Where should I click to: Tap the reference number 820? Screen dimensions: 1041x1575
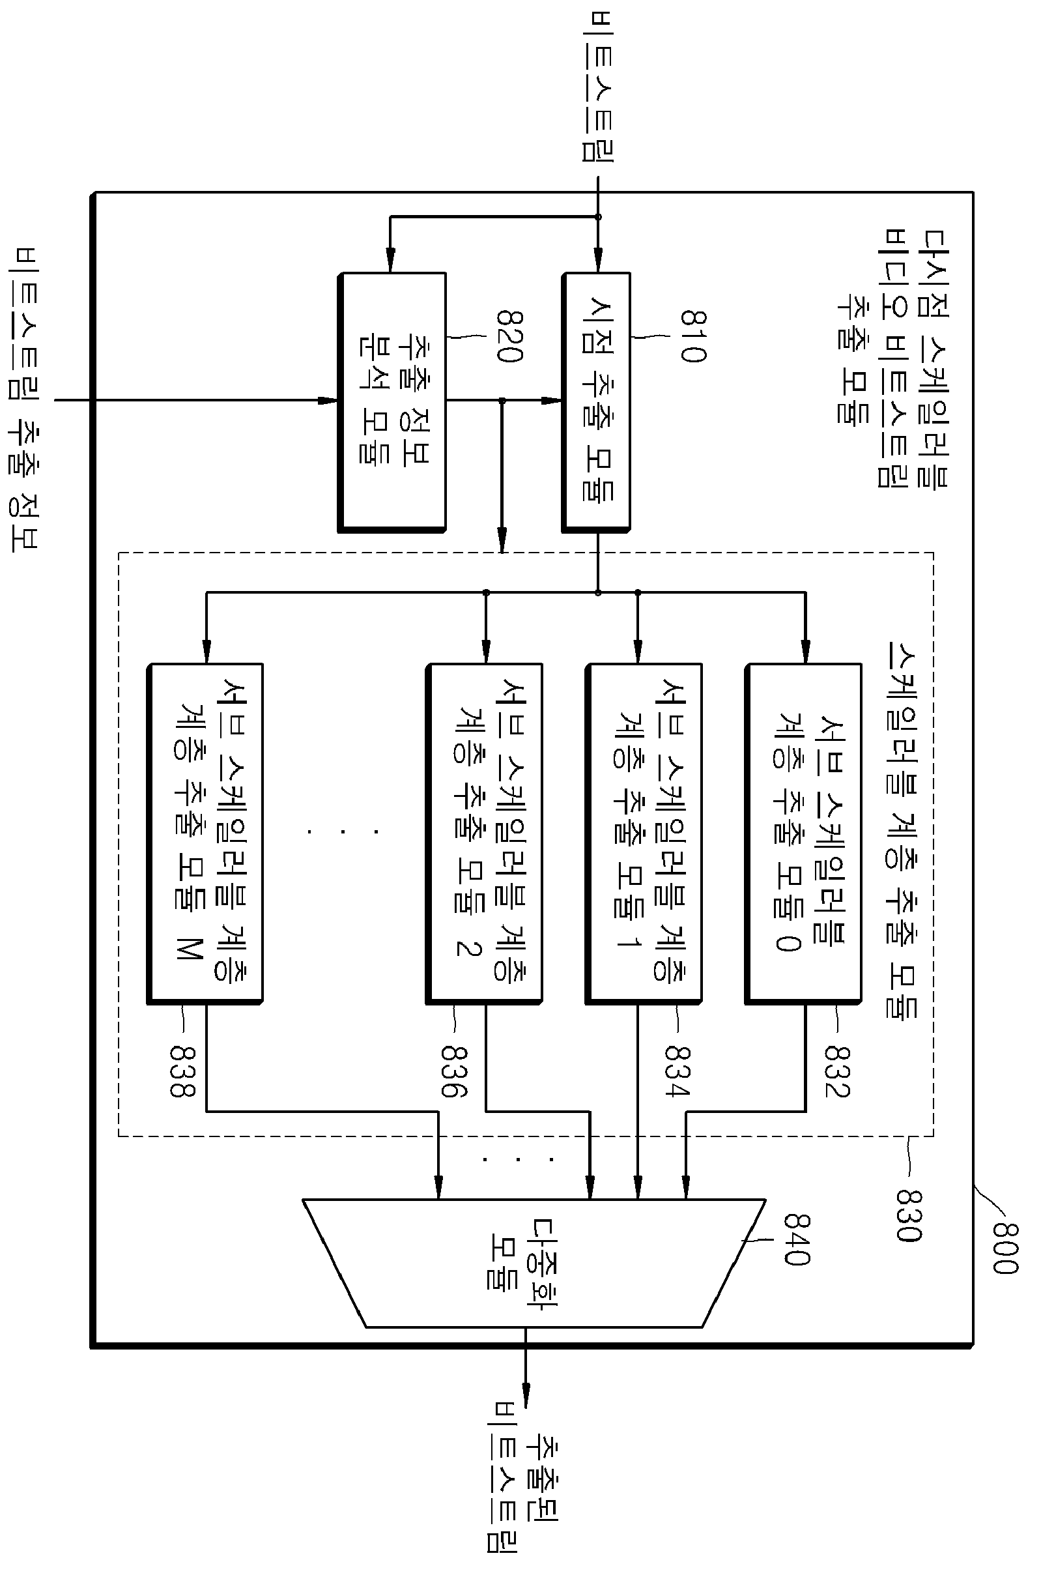pyautogui.click(x=511, y=336)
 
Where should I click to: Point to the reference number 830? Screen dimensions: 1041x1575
pyautogui.click(x=908, y=1215)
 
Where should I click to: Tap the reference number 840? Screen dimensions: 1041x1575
pyautogui.click(x=797, y=1239)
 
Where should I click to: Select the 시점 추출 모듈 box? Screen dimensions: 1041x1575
pyautogui.click(x=596, y=401)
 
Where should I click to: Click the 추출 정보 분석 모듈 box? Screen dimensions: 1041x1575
pyautogui.click(x=392, y=401)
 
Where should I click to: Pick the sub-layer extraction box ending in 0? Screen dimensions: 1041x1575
pyautogui.click(x=803, y=834)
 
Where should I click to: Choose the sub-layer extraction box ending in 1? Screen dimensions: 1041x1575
pyautogui.click(x=644, y=834)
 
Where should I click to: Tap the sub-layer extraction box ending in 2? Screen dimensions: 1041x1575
pyautogui.click(x=483, y=834)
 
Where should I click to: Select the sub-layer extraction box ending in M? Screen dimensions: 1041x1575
pyautogui.click(x=205, y=834)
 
